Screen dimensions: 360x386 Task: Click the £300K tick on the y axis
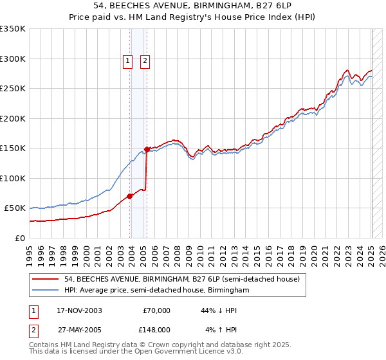[13, 59]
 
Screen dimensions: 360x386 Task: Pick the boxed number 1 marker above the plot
[128, 62]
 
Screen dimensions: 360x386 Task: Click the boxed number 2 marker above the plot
[145, 62]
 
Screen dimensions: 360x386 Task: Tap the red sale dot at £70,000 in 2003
[130, 196]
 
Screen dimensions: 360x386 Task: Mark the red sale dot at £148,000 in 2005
[147, 149]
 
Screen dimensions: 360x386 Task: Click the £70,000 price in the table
[156, 310]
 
